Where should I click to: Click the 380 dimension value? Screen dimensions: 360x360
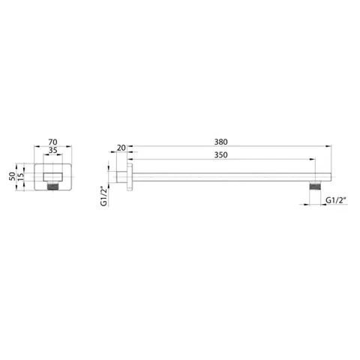click(221, 142)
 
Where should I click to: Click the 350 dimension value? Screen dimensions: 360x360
click(221, 155)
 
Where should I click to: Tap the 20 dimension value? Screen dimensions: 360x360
click(121, 148)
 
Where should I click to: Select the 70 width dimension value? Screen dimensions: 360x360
click(52, 142)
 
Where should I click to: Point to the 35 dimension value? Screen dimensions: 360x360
click(52, 150)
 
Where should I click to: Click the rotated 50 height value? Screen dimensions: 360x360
click(12, 176)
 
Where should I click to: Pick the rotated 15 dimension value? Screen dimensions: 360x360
click(20, 176)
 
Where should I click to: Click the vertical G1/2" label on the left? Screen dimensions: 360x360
click(103, 196)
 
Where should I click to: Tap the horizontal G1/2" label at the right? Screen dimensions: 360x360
click(336, 200)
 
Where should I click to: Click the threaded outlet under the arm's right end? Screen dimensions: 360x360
click(315, 186)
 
